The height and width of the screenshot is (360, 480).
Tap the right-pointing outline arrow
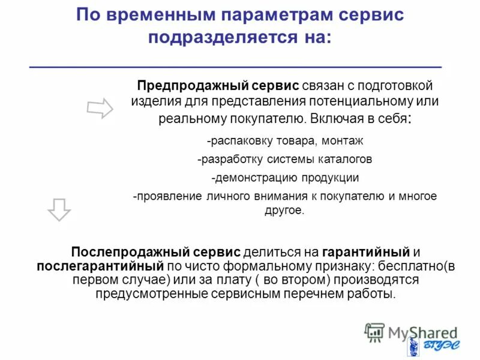(100, 109)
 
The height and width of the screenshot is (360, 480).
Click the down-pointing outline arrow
(59, 208)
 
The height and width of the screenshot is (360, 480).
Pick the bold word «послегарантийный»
(100, 265)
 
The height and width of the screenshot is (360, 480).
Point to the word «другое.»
(285, 211)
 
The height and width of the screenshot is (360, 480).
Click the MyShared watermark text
(422, 332)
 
